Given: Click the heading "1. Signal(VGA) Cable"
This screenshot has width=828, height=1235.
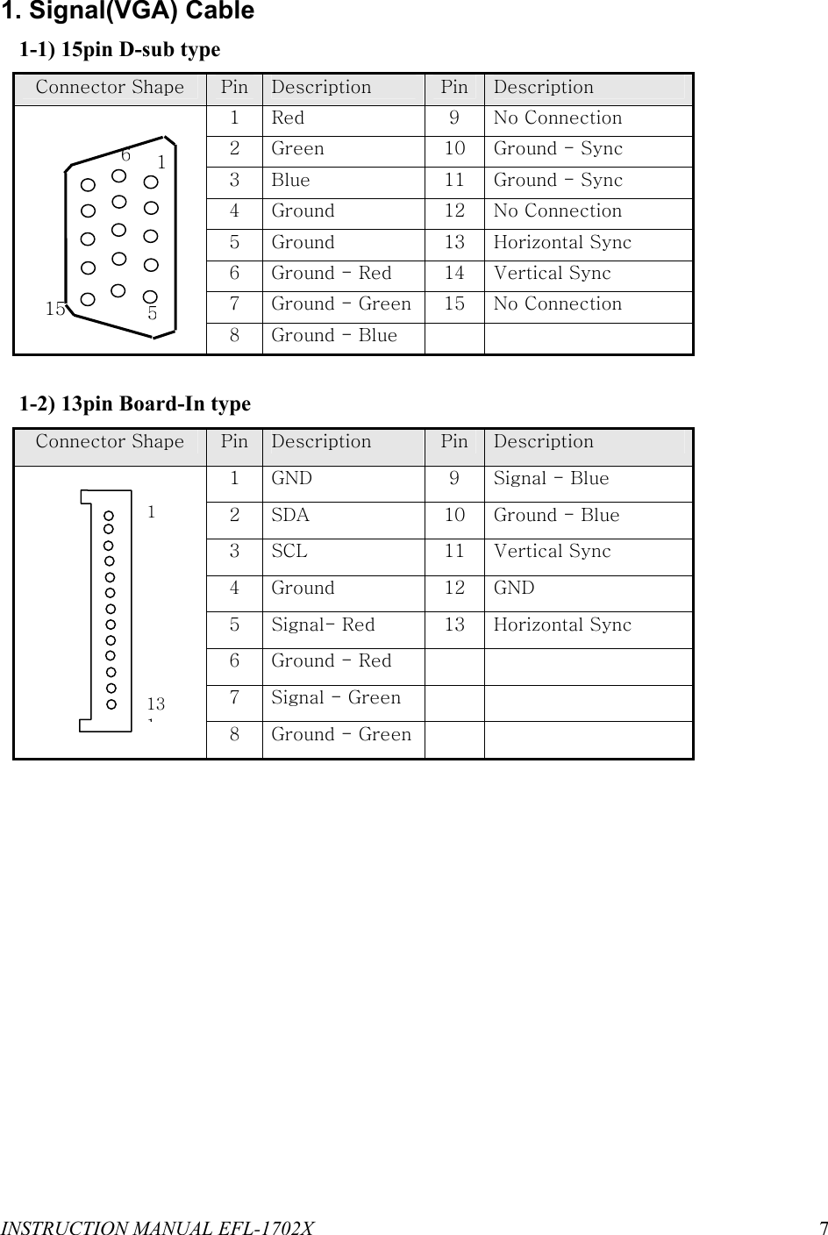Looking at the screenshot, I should tap(128, 12).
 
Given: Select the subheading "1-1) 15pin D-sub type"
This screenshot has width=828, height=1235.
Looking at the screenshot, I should tap(120, 50).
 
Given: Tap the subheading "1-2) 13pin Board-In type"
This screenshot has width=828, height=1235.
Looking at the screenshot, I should tap(135, 404).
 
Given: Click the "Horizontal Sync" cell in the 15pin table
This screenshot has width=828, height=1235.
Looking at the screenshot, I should tap(562, 243).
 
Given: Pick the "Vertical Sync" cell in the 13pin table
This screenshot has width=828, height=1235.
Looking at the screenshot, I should tap(552, 552).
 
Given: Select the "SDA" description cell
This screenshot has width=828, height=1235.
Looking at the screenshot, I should tap(290, 516).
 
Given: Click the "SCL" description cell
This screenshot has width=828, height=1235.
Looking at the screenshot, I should tap(289, 552).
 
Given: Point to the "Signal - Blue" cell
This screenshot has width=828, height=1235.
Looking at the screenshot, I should tap(551, 479).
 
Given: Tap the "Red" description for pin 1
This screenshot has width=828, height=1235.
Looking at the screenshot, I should tap(288, 118).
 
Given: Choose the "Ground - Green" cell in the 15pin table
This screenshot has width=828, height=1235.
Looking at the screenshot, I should tap(341, 304).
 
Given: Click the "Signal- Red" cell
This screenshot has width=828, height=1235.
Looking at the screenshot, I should tap(323, 625).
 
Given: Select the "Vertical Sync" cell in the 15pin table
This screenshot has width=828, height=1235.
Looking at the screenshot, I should tap(552, 274).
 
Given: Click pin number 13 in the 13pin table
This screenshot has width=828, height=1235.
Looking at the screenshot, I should tap(453, 625).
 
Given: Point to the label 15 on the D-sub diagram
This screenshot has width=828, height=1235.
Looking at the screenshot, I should tap(55, 309).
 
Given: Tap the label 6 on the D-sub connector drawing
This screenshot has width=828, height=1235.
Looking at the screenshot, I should tap(126, 155).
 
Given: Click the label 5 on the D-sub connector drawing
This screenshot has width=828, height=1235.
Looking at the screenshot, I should tap(153, 312).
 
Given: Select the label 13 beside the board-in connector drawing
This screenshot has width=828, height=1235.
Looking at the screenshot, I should tap(156, 703).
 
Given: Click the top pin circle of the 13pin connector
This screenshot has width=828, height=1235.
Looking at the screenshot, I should tap(110, 516).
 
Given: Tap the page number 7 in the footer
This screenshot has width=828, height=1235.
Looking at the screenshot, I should tap(822, 1226).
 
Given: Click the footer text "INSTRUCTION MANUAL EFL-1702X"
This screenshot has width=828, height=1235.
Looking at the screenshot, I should tap(158, 1226).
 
